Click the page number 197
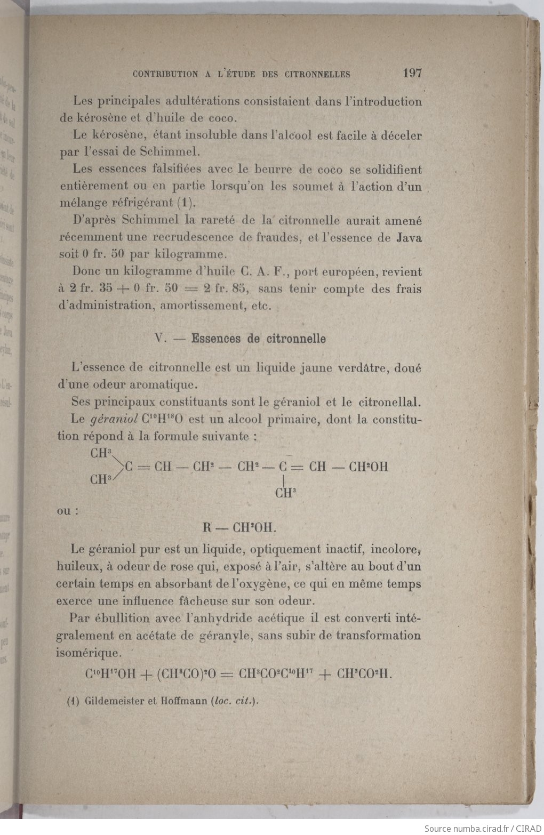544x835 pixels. (412, 73)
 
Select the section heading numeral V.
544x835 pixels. (158, 339)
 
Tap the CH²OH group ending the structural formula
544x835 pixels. (368, 468)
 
